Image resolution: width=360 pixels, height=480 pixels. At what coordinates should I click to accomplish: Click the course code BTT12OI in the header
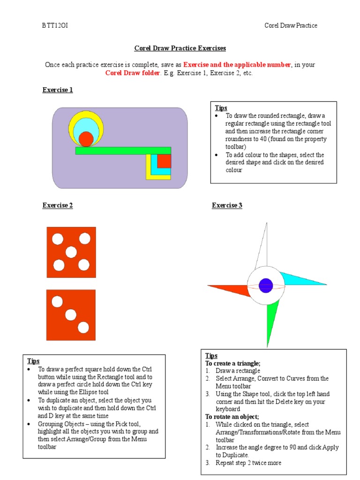tap(55, 25)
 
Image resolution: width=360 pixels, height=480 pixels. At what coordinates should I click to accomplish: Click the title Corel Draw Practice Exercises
tap(180, 48)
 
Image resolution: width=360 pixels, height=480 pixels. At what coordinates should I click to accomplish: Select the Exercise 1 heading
tap(58, 90)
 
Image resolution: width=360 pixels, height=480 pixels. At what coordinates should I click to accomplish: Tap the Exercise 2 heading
tap(58, 205)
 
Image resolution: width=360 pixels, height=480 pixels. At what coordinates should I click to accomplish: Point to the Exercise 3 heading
tap(227, 205)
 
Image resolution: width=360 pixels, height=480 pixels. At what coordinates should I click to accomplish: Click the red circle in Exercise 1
tap(86, 139)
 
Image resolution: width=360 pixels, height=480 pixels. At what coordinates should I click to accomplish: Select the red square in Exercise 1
tap(164, 161)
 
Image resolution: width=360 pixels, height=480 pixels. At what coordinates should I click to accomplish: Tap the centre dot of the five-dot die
tap(71, 252)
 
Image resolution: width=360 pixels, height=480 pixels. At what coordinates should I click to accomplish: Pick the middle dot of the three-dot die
tap(71, 314)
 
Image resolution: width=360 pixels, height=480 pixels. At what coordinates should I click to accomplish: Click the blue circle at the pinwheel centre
tap(266, 285)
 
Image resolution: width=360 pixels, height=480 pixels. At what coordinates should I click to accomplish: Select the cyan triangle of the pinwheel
tap(300, 279)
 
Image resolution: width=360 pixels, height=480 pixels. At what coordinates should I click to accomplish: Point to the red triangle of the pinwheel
tap(232, 289)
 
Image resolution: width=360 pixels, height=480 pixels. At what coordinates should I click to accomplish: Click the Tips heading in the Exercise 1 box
tap(221, 108)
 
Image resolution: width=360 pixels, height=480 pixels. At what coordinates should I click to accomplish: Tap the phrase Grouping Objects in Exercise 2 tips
tap(61, 424)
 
